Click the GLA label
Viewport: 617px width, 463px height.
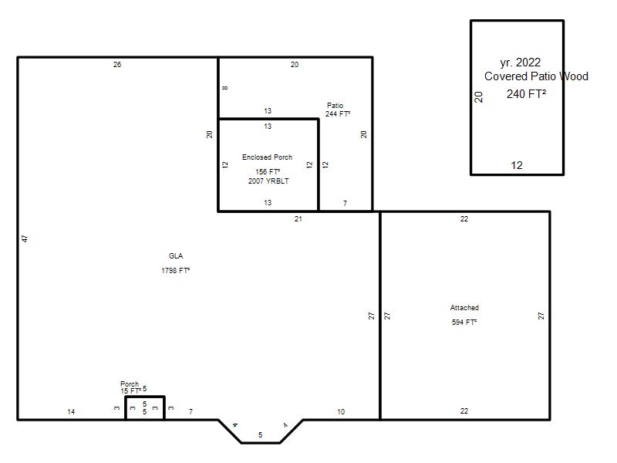[176, 256]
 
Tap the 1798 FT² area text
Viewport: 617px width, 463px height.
[176, 271]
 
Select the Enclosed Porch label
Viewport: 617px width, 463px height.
[267, 157]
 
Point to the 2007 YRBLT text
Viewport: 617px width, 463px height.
[268, 181]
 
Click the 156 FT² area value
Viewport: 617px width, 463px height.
[268, 171]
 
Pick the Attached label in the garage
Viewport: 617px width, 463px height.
[464, 307]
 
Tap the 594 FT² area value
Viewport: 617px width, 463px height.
[464, 322]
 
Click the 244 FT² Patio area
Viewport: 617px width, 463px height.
[338, 113]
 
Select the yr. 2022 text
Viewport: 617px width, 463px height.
[520, 63]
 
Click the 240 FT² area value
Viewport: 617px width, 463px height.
[526, 93]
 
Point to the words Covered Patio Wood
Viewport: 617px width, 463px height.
[536, 76]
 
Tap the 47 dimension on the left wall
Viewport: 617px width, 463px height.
[25, 238]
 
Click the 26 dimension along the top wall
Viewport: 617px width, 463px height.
[117, 65]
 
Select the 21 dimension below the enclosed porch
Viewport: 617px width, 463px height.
[298, 219]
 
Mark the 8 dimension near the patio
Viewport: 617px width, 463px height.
[225, 88]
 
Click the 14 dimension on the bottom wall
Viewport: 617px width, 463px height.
[71, 412]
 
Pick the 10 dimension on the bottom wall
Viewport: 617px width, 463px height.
[341, 412]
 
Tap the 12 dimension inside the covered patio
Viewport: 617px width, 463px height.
[517, 165]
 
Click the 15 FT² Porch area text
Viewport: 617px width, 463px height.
[130, 391]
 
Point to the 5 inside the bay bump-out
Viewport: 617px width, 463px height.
[260, 435]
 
